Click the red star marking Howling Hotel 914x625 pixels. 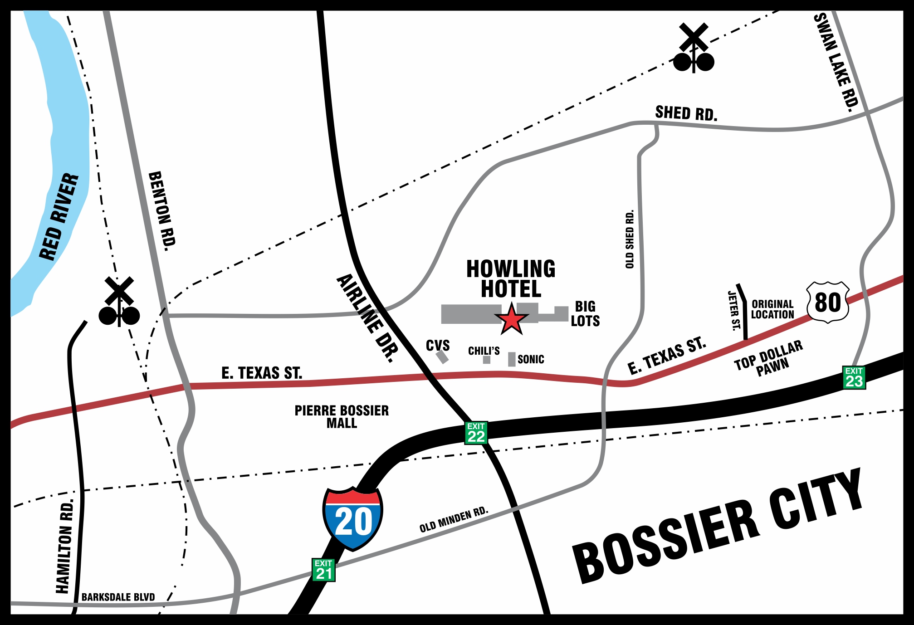pos(511,320)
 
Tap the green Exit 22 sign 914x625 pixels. pos(476,433)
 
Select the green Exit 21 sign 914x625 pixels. pos(323,570)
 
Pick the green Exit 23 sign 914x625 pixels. pos(854,377)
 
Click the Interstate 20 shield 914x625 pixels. pos(353,518)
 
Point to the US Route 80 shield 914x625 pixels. pos(828,302)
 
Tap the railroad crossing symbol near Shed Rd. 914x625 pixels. pos(694,49)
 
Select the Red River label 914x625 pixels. pos(59,217)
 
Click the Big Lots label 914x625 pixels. pos(585,314)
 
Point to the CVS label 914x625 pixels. pos(438,346)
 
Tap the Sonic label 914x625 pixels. pos(531,359)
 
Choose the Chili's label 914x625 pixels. pos(484,351)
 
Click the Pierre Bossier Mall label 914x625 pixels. pos(342,416)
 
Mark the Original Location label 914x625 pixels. pos(772,309)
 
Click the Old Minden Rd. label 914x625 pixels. pos(454,520)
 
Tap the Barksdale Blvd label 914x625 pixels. pos(118,597)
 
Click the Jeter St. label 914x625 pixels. pos(733,311)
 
